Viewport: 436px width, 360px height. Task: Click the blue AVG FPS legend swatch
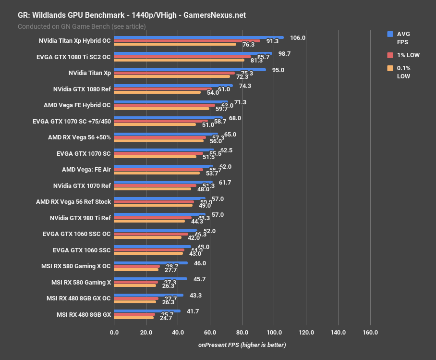point(390,34)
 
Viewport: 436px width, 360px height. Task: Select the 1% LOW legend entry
point(409,55)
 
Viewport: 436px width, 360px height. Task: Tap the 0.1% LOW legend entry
point(403,72)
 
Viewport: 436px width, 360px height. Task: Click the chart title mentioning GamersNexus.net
point(132,15)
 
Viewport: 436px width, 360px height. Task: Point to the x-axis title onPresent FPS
point(242,345)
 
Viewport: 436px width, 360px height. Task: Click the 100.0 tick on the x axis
point(274,333)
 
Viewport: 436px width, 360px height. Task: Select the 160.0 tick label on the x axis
point(370,333)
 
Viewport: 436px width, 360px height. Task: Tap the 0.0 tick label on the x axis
point(114,333)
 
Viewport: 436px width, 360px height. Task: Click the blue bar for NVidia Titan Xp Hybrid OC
point(198,37)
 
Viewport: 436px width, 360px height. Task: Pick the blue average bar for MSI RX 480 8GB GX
point(147,311)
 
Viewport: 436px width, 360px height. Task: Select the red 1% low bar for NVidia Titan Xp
point(174,73)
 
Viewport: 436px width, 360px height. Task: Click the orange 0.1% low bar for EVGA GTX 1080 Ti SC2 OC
point(179,60)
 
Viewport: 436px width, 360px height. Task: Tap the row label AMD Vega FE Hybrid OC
point(77,105)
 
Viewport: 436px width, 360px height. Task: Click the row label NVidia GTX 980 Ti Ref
point(80,218)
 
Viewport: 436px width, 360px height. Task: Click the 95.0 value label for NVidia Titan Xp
point(278,70)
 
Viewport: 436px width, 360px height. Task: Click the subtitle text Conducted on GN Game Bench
point(82,26)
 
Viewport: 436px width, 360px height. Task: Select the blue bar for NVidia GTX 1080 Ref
point(173,86)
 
